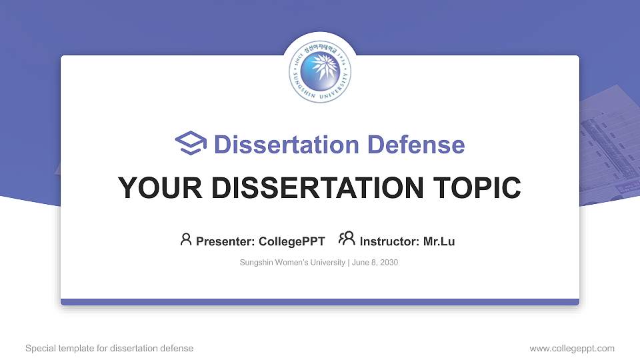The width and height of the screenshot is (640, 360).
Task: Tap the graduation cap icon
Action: coord(191,143)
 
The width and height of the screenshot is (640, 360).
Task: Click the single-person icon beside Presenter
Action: coord(186,239)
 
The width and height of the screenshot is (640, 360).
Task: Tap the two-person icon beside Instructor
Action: coord(347,239)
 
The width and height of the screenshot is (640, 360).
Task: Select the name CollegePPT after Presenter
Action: coord(291,241)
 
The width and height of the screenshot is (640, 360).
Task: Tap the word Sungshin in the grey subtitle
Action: coord(256,263)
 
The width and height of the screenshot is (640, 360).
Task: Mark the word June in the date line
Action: coord(361,263)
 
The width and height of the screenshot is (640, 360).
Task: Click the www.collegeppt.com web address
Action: coord(572,349)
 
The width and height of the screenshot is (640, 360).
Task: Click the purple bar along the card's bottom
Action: coord(320,302)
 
